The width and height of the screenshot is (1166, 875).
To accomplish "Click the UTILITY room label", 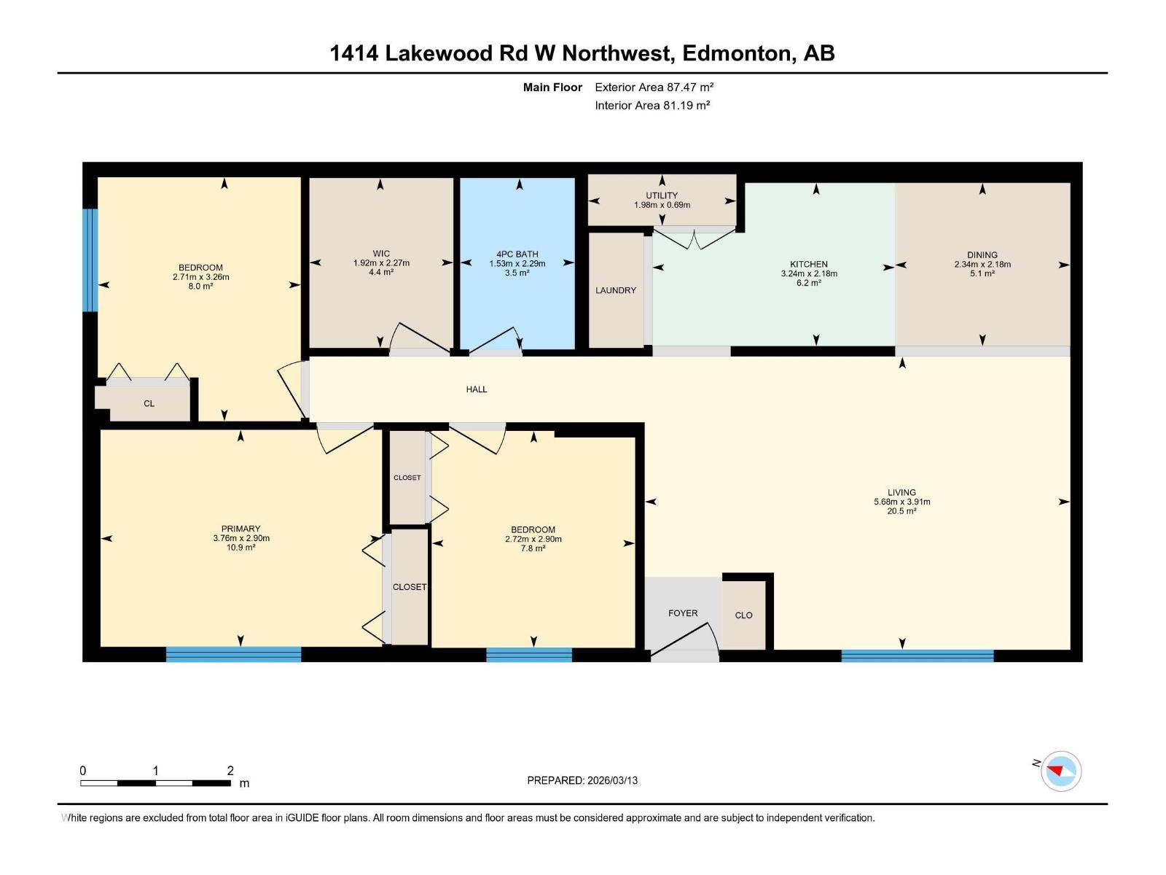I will [x=662, y=195].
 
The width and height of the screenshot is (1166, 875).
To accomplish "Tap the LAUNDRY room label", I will [x=616, y=290].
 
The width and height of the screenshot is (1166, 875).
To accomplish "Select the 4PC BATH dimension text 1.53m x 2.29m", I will [x=517, y=263].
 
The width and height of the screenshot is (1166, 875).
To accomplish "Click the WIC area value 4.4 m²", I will [x=381, y=272].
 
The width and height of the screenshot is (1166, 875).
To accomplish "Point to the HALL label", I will [x=477, y=389].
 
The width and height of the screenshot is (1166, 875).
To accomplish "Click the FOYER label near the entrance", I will [x=683, y=613].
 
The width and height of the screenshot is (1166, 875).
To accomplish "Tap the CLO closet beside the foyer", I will [x=743, y=615].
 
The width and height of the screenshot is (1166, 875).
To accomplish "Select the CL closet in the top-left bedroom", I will [x=149, y=403].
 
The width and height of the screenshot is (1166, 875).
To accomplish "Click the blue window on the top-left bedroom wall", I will [x=90, y=260].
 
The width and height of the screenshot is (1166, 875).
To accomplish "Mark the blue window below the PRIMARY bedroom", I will [x=233, y=654].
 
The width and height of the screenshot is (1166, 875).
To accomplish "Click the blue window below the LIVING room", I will [x=917, y=656].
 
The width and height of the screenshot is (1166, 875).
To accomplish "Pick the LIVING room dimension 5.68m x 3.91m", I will [x=901, y=502].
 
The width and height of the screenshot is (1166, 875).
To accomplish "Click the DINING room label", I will [x=982, y=255].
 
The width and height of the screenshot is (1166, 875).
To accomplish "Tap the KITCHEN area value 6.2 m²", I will [x=808, y=283].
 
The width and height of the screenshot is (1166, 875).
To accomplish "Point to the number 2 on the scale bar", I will [x=230, y=771].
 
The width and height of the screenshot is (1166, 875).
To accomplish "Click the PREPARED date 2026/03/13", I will [x=611, y=780].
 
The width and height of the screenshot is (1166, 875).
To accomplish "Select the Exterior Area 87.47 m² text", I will [x=654, y=87].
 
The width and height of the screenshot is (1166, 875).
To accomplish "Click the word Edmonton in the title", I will [x=736, y=53].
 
